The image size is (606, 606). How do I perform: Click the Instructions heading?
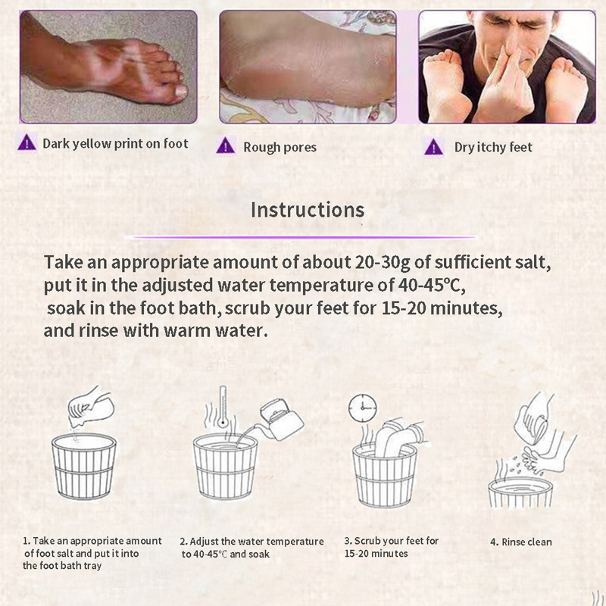(308, 210)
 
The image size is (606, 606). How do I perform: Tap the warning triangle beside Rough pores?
(225, 147)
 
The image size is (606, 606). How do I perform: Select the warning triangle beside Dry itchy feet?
(433, 147)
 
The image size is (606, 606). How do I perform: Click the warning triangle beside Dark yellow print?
(27, 142)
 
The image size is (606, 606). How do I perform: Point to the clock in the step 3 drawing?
(363, 408)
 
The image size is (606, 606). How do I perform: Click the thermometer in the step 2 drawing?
(223, 407)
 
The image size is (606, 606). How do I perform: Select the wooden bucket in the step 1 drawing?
(84, 467)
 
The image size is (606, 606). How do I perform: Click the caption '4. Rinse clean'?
(521, 542)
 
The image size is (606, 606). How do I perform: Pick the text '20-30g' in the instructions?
(373, 262)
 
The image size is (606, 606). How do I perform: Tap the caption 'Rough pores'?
(280, 147)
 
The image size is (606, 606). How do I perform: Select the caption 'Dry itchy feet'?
(493, 147)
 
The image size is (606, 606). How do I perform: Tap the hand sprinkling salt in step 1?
(91, 408)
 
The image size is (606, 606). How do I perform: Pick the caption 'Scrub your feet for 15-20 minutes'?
(392, 547)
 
